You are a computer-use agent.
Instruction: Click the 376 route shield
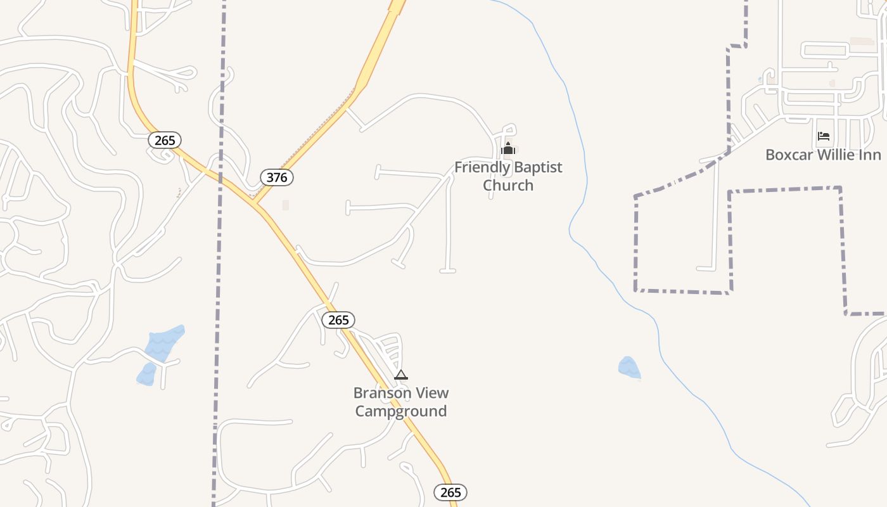coord(277,177)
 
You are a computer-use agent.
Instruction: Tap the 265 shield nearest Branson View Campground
coord(338,320)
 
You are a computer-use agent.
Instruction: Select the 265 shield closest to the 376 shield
coord(165,140)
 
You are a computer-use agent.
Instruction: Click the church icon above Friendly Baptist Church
coord(507,149)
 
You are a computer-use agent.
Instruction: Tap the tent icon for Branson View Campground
coord(400,375)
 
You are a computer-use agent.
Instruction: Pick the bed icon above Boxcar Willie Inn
coord(823,136)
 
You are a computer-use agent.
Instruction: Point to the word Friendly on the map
coord(482,168)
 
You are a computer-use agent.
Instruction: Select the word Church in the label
coord(508,186)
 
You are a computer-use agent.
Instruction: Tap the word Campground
coord(400,411)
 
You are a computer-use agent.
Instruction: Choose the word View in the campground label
coord(431,393)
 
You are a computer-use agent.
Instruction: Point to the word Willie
coord(836,155)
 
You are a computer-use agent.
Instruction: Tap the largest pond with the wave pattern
coord(164,343)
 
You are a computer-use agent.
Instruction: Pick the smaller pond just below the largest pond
coord(146,375)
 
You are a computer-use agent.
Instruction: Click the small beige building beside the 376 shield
coord(286,205)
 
